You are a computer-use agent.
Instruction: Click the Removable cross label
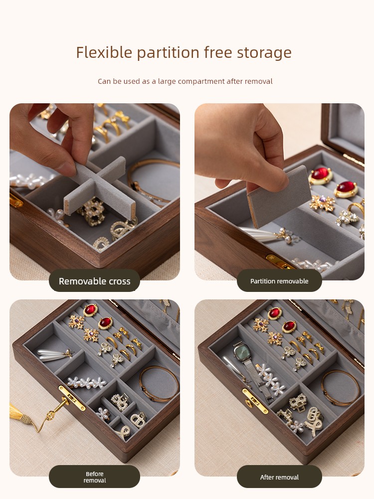click(x=94, y=281)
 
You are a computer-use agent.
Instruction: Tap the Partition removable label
click(x=279, y=281)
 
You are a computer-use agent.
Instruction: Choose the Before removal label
click(x=94, y=477)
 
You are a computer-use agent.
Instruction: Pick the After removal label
click(x=279, y=477)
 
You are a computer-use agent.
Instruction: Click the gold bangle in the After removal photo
click(x=340, y=388)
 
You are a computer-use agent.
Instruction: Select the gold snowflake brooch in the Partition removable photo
click(x=322, y=203)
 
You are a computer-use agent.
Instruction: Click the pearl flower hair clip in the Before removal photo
click(x=86, y=382)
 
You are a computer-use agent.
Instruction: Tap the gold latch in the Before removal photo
click(x=71, y=398)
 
